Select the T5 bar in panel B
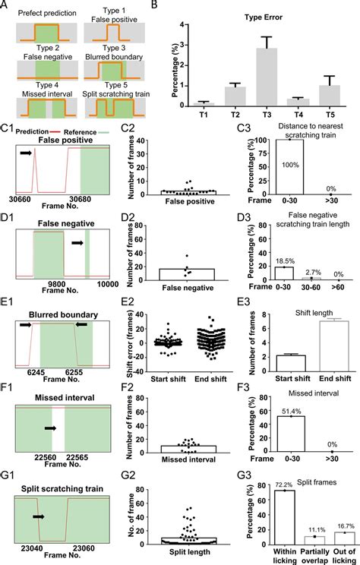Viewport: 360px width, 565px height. pos(329,96)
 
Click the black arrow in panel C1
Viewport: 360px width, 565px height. pos(26,153)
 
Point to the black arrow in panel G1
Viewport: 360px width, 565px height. pos(39,517)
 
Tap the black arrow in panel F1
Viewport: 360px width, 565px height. pos(51,428)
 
